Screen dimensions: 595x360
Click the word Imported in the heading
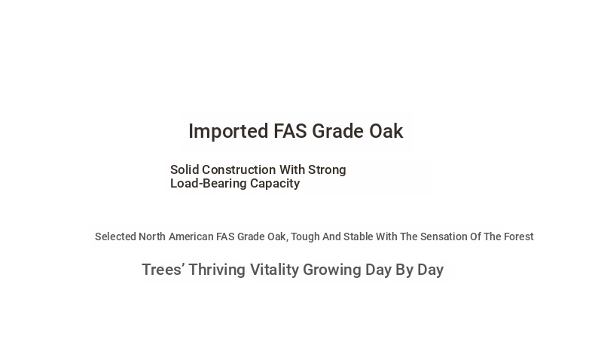tap(228, 132)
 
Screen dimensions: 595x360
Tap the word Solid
tap(185, 169)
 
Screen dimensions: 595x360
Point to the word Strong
tap(327, 169)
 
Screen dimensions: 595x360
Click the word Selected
tap(115, 236)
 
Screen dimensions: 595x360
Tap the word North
tap(152, 236)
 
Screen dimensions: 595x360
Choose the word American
tap(191, 236)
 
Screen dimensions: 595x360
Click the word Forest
tap(518, 236)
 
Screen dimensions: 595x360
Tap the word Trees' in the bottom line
tap(163, 270)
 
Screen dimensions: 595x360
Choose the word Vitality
tap(275, 270)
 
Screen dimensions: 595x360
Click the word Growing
tap(332, 270)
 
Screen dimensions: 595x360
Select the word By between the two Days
tap(404, 270)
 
